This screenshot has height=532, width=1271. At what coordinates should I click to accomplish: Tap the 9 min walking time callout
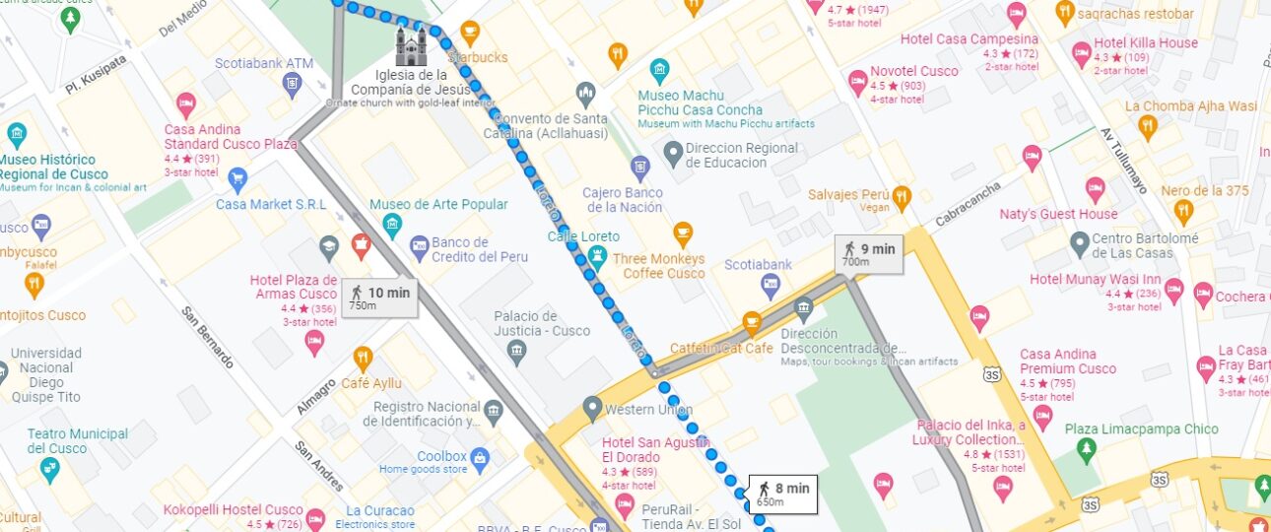click(867, 254)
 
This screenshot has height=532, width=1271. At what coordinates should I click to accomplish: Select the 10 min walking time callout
click(378, 298)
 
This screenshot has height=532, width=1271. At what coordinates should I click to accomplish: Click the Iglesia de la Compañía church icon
click(412, 45)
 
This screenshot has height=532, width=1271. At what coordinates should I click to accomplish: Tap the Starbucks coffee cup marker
click(470, 32)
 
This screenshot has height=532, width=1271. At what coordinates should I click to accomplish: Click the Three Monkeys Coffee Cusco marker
click(682, 233)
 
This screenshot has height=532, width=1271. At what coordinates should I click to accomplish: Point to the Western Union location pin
click(591, 406)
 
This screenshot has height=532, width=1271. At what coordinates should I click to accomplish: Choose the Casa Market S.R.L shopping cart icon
click(236, 178)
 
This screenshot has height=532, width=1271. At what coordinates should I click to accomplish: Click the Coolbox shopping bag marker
click(480, 457)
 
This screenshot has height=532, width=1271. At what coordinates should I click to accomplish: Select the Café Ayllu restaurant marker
click(363, 358)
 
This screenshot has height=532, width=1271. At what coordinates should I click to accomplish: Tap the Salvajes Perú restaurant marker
click(901, 198)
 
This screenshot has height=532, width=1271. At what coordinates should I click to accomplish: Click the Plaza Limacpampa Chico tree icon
click(1086, 450)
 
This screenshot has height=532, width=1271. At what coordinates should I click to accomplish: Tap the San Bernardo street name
click(207, 338)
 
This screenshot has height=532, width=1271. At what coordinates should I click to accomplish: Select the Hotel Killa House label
click(1145, 43)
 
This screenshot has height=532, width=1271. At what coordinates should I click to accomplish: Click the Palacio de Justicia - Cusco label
click(542, 323)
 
